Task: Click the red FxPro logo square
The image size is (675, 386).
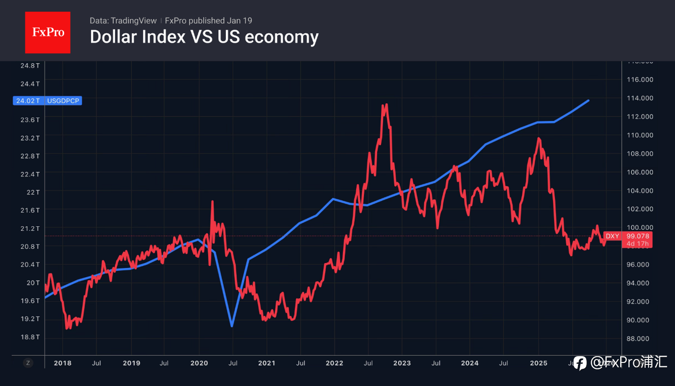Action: coord(48,32)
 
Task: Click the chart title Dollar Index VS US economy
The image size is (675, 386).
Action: coord(204,37)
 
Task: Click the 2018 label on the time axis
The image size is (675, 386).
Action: coord(62,363)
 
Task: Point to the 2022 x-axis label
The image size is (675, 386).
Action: coord(334,363)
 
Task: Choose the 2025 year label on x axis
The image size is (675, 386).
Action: coord(539,363)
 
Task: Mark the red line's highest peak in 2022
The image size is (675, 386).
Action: coord(386,104)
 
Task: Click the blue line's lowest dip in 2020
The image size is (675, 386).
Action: coord(232,326)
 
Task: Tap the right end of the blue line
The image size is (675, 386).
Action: coord(588,100)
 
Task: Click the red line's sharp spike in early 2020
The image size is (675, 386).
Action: coord(212,201)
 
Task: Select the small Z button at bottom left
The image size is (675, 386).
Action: coord(28,363)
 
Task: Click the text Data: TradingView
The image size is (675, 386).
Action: coord(123,21)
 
